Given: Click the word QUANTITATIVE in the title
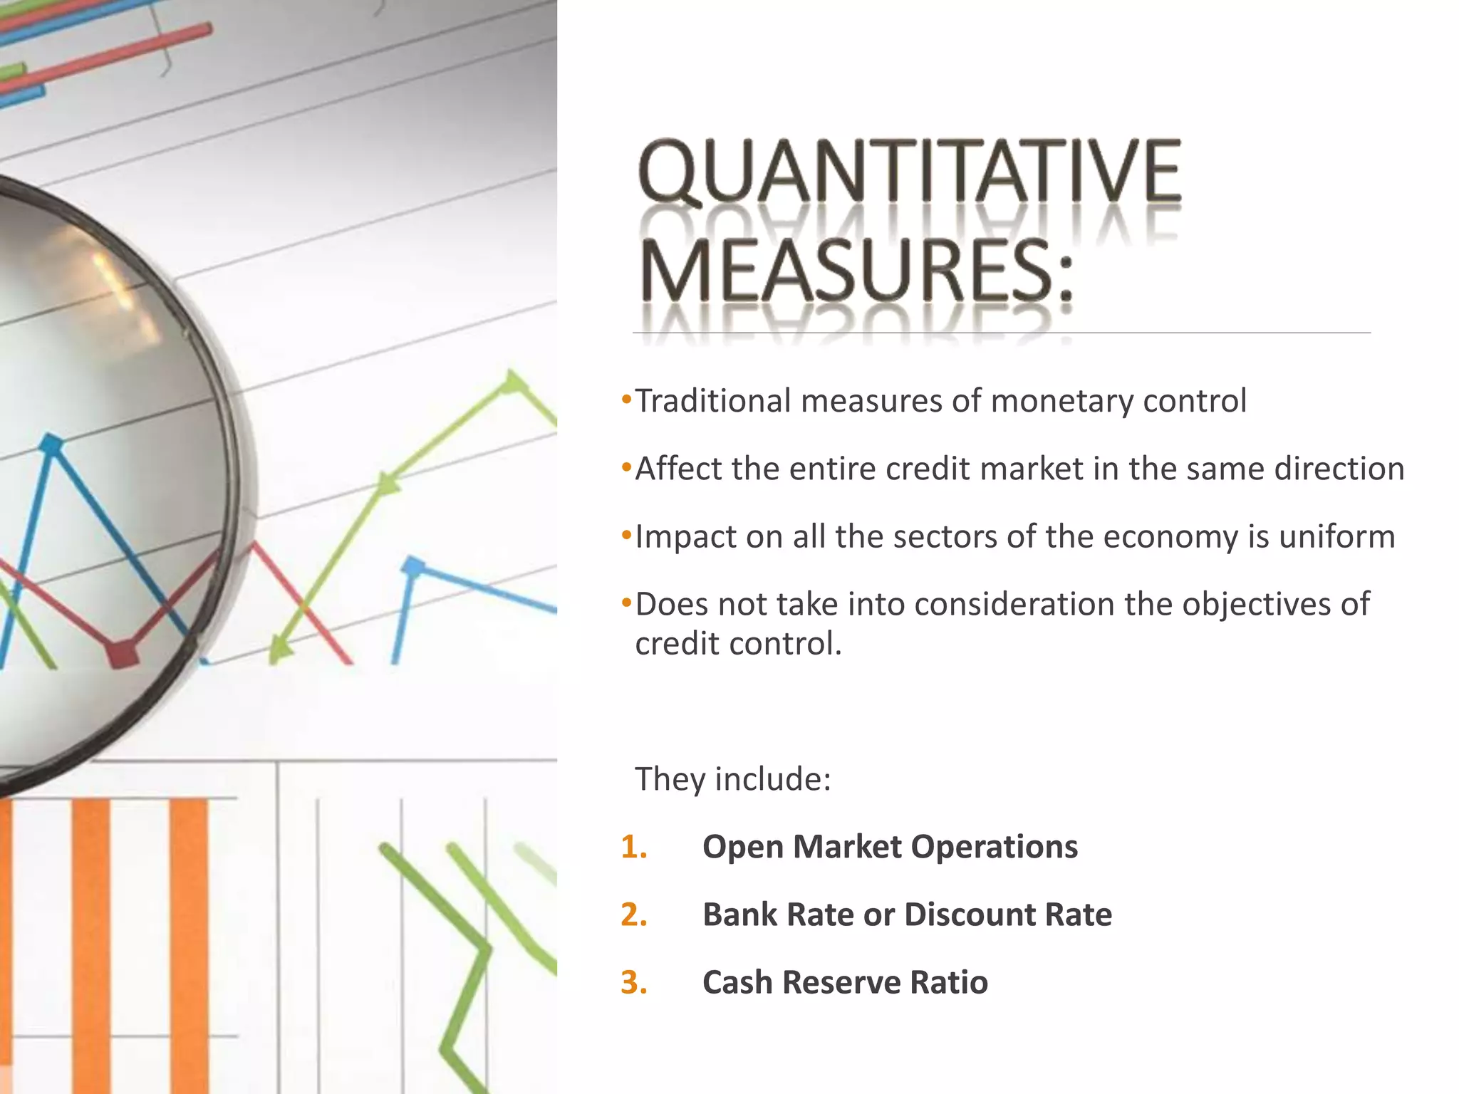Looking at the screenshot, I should click(x=910, y=172).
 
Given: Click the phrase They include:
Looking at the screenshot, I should click(x=732, y=778).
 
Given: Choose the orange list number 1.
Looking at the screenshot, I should click(x=633, y=847).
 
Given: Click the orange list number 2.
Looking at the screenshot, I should click(x=633, y=915).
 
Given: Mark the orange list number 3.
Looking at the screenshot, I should click(x=633, y=982).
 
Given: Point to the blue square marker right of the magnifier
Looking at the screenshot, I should click(x=412, y=567).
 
